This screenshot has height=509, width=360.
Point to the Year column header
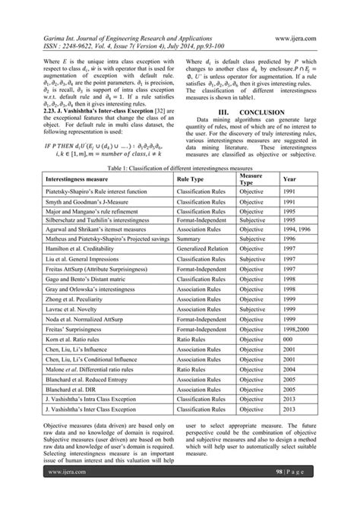pyautogui.click(x=289, y=201)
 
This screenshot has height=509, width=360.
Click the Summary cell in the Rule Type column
pyautogui.click(x=190, y=258)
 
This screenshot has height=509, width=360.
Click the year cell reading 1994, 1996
pyautogui.click(x=296, y=248)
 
